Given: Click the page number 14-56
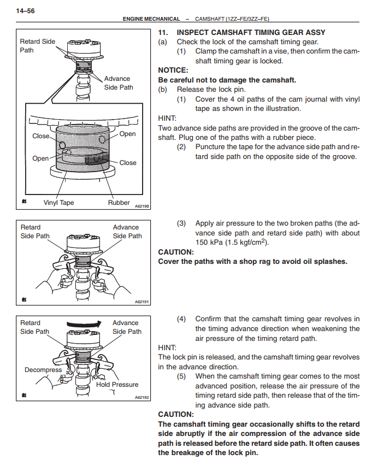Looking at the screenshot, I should (26, 10).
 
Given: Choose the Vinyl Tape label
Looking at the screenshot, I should (58, 203).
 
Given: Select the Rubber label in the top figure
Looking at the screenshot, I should (119, 203).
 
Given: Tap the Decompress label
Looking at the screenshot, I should (43, 370).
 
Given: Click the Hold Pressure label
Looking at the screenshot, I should (117, 385).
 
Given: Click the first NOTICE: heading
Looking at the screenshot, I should (173, 70).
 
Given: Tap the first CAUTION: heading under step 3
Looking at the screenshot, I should (175, 252).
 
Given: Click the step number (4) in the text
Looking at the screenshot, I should (181, 319).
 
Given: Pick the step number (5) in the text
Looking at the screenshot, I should (181, 376).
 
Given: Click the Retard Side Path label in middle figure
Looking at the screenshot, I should (35, 232).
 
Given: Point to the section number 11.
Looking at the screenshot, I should (163, 33).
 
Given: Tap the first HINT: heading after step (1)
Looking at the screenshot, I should (167, 118).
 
